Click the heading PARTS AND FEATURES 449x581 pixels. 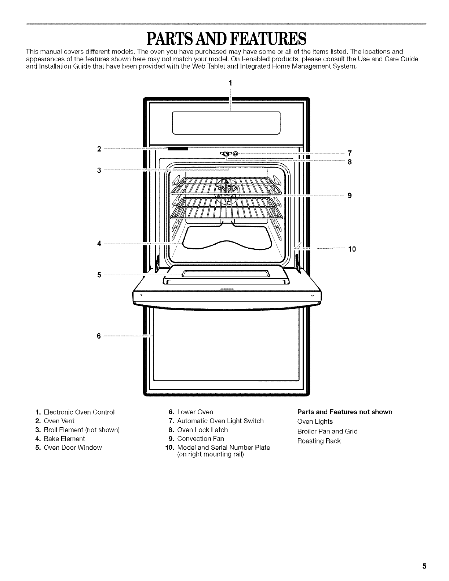click(226, 39)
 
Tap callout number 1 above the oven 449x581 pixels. click(230, 83)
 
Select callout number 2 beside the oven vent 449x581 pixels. click(99, 149)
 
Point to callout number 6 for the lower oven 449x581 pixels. click(99, 336)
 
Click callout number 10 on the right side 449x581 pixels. click(352, 249)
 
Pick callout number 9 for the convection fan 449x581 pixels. click(350, 196)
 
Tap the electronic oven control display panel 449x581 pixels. click(226, 123)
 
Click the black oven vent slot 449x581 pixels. click(178, 149)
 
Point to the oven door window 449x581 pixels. click(226, 274)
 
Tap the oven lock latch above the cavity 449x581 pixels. click(225, 154)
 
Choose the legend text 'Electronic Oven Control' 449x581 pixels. click(79, 412)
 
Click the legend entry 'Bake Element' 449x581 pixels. click(64, 439)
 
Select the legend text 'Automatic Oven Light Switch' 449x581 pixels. click(220, 421)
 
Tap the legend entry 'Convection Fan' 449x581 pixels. click(201, 438)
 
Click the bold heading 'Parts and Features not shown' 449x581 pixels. click(345, 412)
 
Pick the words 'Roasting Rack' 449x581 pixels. click(319, 441)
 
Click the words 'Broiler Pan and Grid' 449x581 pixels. click(327, 431)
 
